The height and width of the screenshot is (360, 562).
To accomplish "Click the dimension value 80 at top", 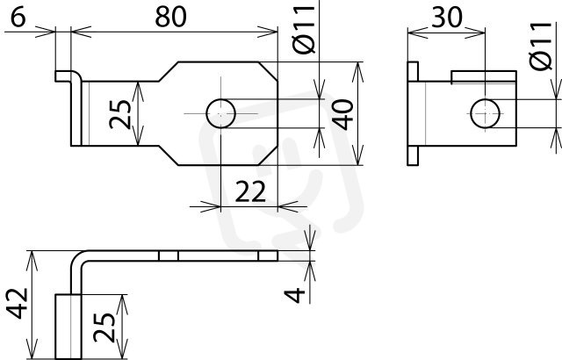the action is pos(170,17).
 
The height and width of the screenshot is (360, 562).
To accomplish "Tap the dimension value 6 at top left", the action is pos(18,17).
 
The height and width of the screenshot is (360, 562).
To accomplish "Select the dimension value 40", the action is pos(342,115).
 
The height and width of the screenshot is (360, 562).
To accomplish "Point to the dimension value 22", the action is pos(250,191).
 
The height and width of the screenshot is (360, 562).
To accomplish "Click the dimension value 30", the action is pos(447,17).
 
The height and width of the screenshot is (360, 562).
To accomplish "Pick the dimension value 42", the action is pos(18,303).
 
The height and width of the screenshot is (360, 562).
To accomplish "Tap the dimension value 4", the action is pos(295,295).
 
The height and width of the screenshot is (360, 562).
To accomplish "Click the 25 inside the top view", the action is pos(120,114).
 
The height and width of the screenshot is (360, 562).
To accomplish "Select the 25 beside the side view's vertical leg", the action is pos(104,328).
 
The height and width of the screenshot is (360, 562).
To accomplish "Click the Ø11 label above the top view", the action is pos(304,30).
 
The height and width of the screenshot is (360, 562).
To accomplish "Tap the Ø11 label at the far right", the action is pos(541,46).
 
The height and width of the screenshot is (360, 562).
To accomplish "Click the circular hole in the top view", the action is pos(220,113).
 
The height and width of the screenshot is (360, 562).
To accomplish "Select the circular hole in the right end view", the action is pos(485,113).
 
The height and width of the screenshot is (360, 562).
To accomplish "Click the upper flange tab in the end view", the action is pos(413,72).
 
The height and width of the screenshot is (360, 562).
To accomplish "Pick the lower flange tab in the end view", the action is pos(413,155).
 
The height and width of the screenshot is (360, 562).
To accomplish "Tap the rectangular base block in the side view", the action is pos(68,327).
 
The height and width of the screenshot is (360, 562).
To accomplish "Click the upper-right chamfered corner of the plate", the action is pos(268,71).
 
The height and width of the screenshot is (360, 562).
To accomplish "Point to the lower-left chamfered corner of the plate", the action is pos(169,155).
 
